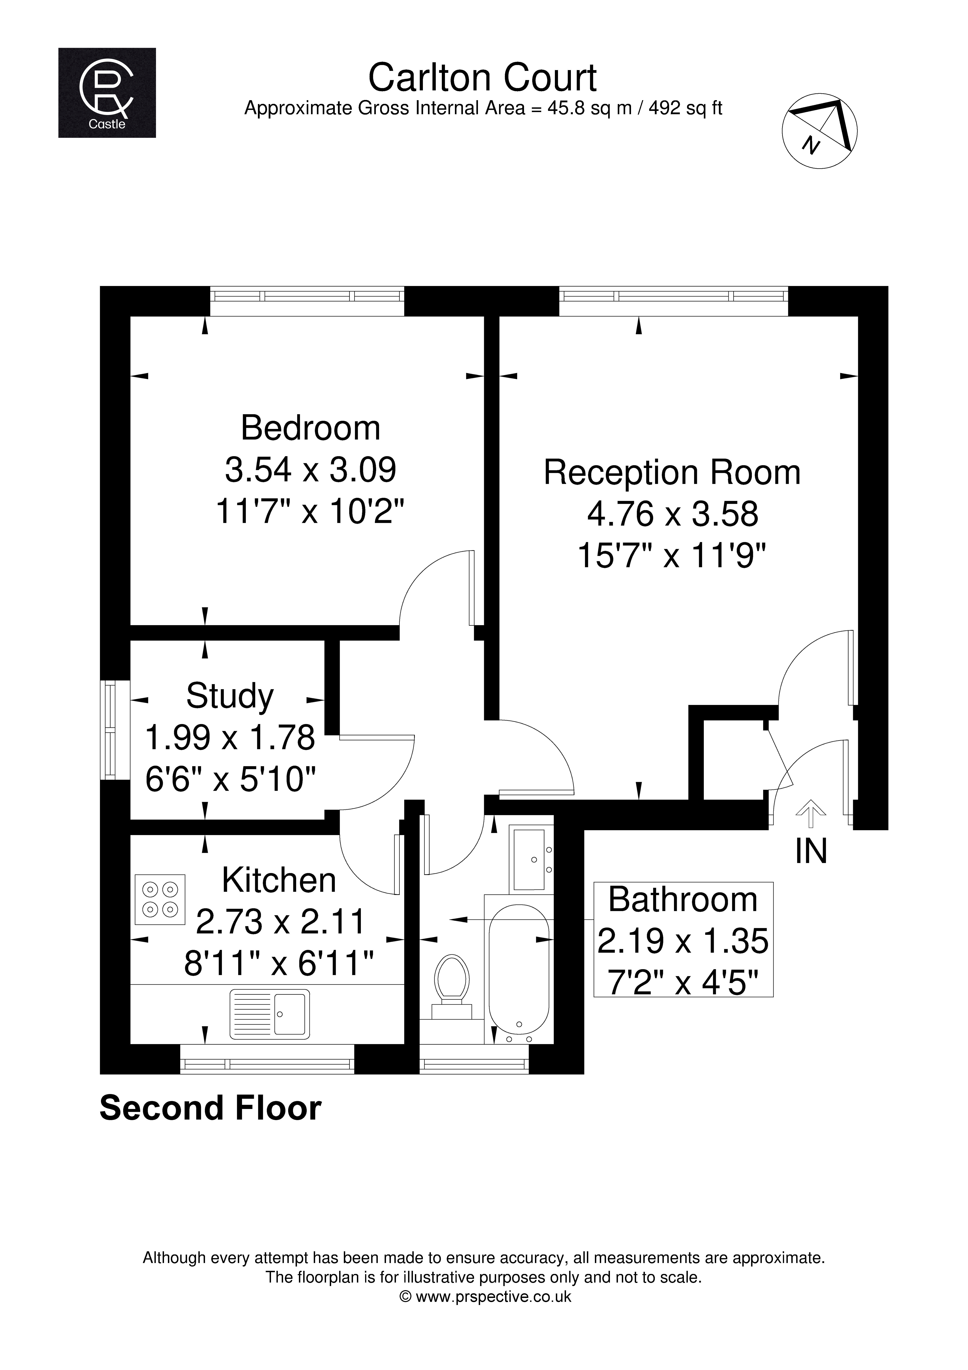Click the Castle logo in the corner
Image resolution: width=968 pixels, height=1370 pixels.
point(107,93)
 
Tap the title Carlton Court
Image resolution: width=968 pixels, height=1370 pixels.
point(482,78)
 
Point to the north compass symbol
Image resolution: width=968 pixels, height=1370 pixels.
point(820,130)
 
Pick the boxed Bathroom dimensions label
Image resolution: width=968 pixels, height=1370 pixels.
point(683,940)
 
